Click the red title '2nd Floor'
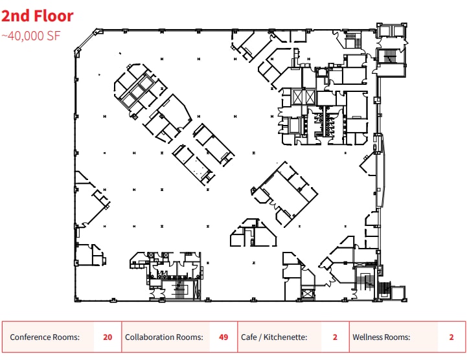point(38,16)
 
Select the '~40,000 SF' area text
point(31,36)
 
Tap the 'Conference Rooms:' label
point(45,337)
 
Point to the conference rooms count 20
point(108,337)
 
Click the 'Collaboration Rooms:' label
point(164,337)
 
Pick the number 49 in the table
point(223,337)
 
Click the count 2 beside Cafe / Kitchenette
point(335,337)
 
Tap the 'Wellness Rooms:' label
point(382,337)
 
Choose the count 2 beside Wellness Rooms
point(451,337)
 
